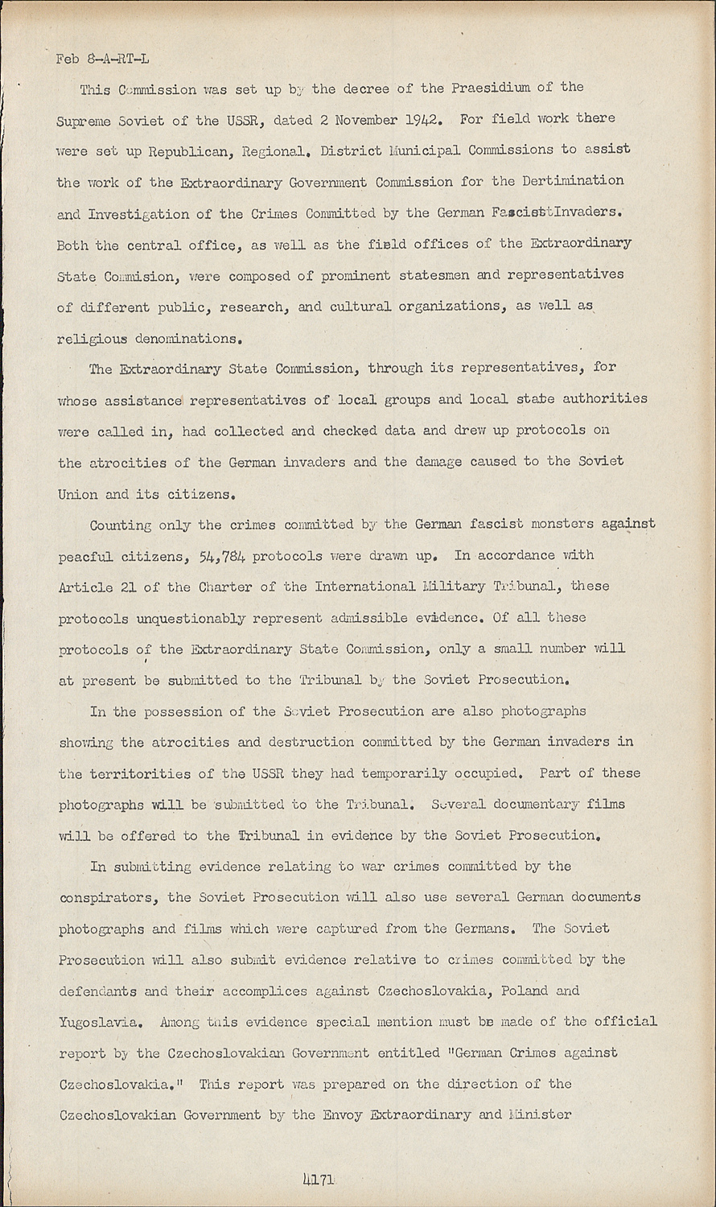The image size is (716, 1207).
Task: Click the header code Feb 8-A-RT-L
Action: pos(102,59)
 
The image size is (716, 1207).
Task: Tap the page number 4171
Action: pos(318,1180)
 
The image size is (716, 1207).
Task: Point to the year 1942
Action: pos(421,120)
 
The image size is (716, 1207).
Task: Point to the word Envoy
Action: pos(343,1115)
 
